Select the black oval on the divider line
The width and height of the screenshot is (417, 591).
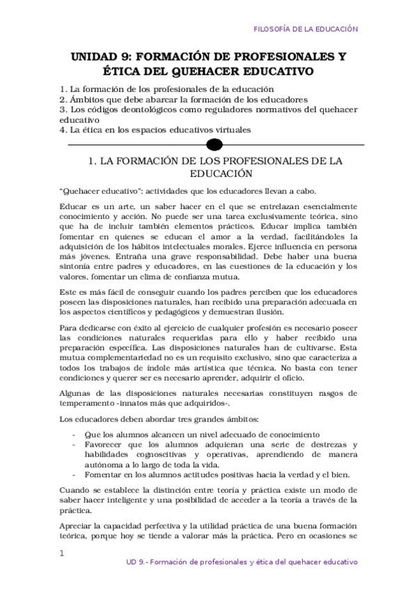215,144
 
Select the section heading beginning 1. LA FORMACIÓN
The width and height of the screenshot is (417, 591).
215,167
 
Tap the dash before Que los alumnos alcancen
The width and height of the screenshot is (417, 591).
74,434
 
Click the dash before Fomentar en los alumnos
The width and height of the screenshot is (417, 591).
74,474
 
